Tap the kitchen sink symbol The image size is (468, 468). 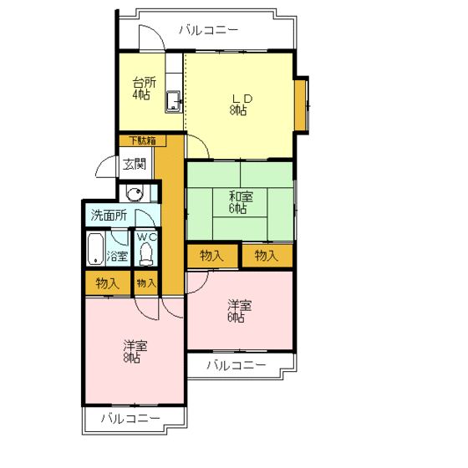pos(175,102)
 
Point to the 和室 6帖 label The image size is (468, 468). pos(240,201)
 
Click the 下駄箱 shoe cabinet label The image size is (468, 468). pos(141,140)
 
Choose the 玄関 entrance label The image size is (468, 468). pos(135,164)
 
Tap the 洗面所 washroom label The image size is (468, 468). pos(109,215)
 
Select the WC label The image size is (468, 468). pos(147,237)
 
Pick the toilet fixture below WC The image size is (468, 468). pos(147,253)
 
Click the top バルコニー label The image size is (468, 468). pos(209,30)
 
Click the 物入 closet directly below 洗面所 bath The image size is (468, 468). pos(108,283)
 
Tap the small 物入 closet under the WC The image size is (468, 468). pos(146,283)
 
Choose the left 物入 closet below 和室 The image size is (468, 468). pos(211,256)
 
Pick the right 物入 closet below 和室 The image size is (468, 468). pos(266,256)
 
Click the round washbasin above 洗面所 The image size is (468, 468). pos(135,193)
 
